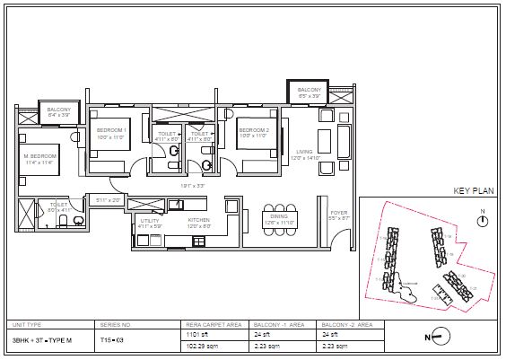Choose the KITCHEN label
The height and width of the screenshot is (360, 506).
click(x=198, y=222)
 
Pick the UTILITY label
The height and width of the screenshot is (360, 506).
click(x=149, y=222)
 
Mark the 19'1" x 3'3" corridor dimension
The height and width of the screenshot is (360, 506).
click(x=193, y=186)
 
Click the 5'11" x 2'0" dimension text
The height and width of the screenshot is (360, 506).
click(x=108, y=199)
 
